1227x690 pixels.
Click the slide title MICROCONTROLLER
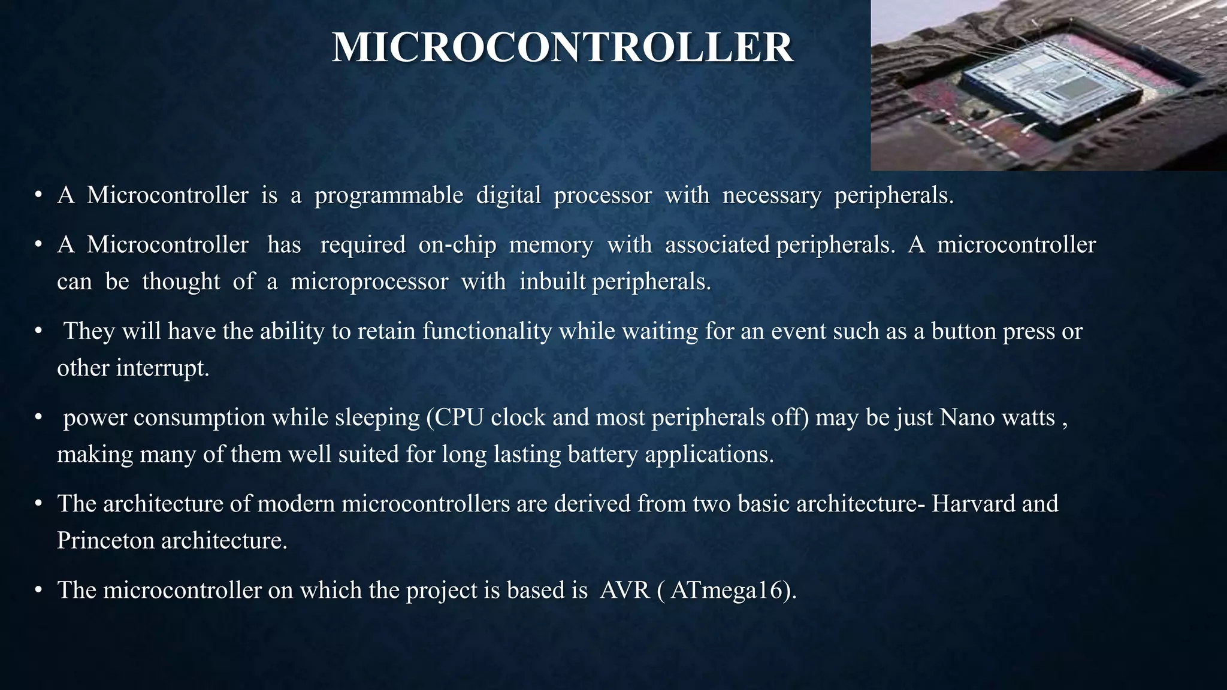coord(563,47)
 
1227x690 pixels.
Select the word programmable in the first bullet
coord(389,195)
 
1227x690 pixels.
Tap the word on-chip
coord(457,244)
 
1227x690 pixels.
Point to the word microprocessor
coord(369,282)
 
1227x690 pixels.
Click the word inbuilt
coord(552,282)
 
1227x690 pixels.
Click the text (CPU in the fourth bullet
coord(455,417)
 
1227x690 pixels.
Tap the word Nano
coord(967,417)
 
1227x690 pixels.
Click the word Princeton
coord(105,541)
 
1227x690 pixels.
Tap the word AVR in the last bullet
coord(625,591)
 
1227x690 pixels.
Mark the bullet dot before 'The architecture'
coord(38,504)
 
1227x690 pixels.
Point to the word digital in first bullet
coord(508,195)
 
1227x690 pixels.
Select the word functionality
coord(487,331)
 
